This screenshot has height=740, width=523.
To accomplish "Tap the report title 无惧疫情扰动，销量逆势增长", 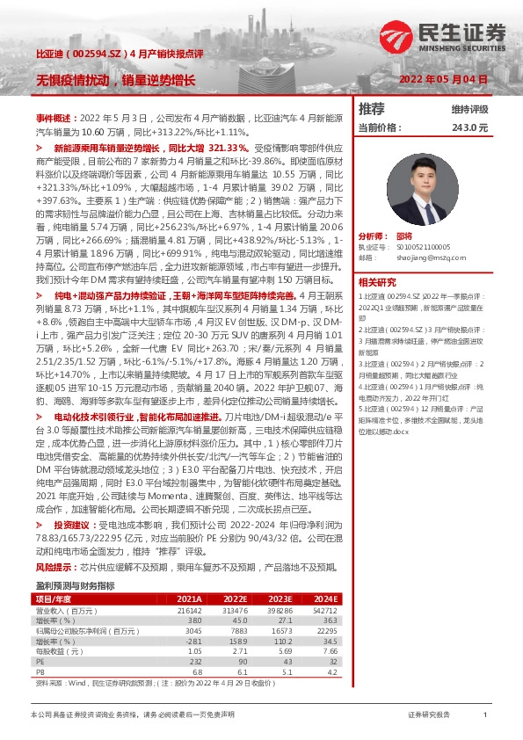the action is click(x=115, y=80).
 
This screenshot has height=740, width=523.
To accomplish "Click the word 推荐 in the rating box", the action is click(x=372, y=109).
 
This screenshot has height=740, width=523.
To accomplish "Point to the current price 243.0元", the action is click(x=469, y=127).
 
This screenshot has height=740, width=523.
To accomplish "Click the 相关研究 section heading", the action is click(x=377, y=282).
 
